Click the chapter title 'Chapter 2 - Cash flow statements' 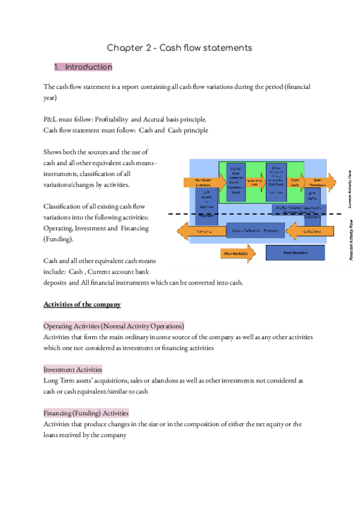179,47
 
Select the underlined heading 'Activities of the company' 82,304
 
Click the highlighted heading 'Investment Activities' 73,370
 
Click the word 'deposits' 55,283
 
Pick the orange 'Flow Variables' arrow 236,254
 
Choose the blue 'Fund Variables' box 295,253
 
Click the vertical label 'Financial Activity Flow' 350,240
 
